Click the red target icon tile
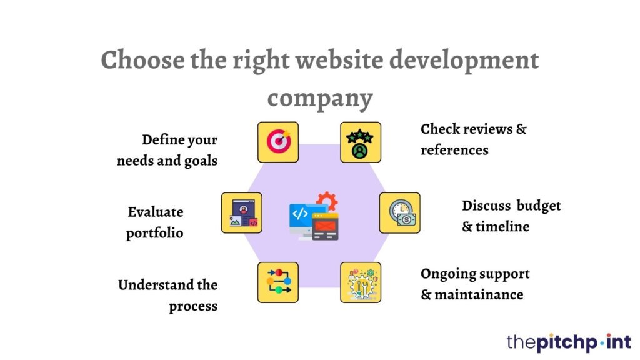click(x=278, y=142)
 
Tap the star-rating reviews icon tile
click(x=361, y=142)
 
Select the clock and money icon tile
click(x=399, y=213)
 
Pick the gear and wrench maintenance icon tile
click(x=361, y=282)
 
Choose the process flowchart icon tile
click(x=278, y=282)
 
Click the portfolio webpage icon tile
click(x=242, y=213)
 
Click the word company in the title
click(x=320, y=98)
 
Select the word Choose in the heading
click(x=142, y=59)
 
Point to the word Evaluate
click(x=156, y=212)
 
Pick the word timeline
click(x=502, y=226)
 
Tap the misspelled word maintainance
click(x=479, y=295)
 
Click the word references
click(x=455, y=150)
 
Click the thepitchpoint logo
click(x=569, y=342)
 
